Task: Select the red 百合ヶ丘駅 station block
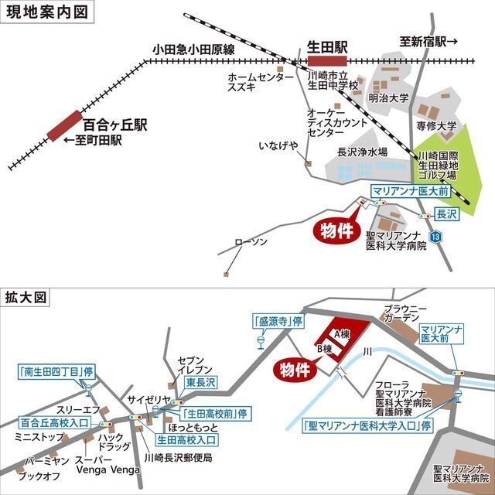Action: [x=64, y=125]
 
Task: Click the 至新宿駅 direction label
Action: [x=428, y=42]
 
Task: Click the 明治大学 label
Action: [x=388, y=98]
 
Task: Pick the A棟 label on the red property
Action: [x=343, y=333]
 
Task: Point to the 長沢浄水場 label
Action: [x=362, y=152]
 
